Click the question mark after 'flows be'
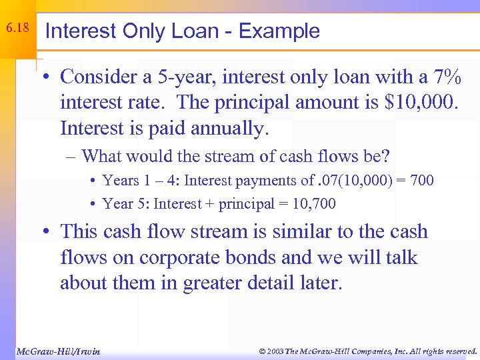(x=386, y=157)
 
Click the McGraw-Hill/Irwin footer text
(x=57, y=351)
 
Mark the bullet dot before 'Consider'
(x=51, y=77)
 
